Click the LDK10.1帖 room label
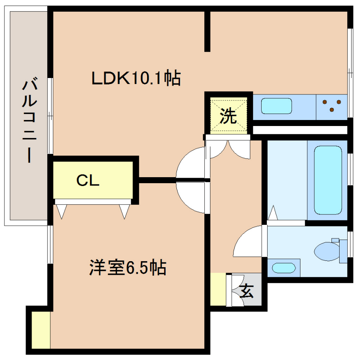coord(136,78)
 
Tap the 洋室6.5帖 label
coord(128,268)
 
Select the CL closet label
coord(88,180)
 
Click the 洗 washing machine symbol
coord(228,116)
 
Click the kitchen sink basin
coord(276,106)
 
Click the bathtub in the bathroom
coord(328,180)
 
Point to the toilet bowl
coord(327,251)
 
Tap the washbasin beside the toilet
coord(284,268)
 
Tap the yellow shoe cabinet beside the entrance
coord(218,289)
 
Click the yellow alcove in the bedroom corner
coord(41,330)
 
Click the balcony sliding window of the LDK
coord(50,116)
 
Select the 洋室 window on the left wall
coord(50,244)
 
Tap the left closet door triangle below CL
coord(62,211)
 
